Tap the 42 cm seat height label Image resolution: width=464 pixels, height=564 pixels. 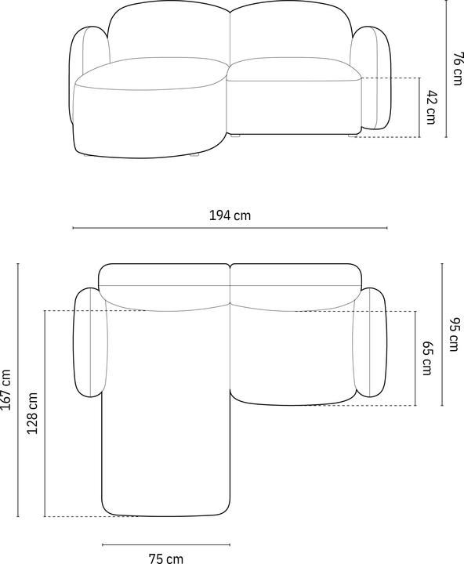[x=430, y=107]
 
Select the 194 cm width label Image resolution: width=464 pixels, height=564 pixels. [x=230, y=215]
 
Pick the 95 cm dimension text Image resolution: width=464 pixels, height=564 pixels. [x=454, y=334]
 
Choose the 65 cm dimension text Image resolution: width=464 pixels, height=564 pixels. [x=427, y=358]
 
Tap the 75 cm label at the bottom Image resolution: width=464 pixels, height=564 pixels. [x=165, y=558]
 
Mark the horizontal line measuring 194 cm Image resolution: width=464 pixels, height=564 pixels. [x=230, y=228]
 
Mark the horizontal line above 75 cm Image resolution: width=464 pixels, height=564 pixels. [x=165, y=543]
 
